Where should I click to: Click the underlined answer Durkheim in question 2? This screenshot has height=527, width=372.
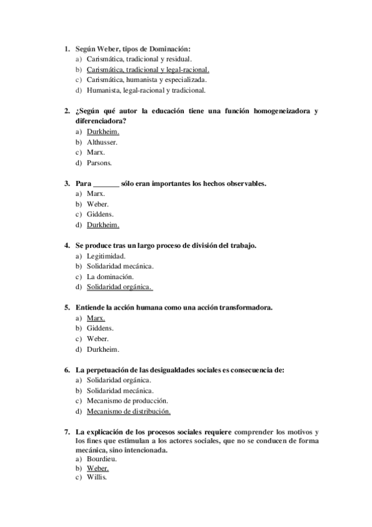[102, 132]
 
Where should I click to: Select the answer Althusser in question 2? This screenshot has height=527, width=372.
[102, 142]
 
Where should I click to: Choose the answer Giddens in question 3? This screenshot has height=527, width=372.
[100, 214]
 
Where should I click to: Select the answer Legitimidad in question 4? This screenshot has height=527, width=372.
[106, 256]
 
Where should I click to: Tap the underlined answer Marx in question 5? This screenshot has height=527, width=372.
[96, 318]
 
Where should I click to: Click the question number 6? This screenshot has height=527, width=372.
[66, 370]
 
